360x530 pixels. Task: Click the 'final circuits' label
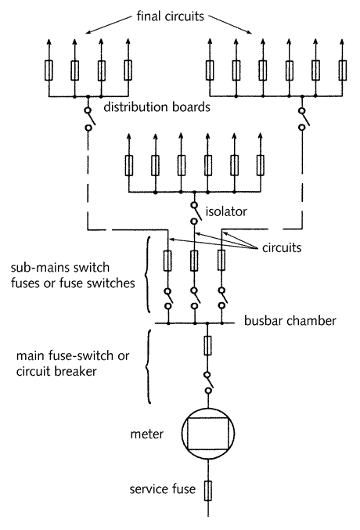click(x=170, y=16)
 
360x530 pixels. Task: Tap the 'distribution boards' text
click(x=157, y=107)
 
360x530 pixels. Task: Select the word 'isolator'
click(x=226, y=211)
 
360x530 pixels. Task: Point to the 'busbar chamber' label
click(x=290, y=320)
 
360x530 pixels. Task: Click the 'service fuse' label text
click(x=162, y=489)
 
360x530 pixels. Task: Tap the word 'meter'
click(x=146, y=434)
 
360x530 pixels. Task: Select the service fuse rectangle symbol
click(x=208, y=490)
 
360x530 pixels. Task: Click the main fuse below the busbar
click(x=208, y=345)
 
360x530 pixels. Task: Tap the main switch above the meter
click(x=208, y=383)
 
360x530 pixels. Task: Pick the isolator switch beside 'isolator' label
click(x=195, y=213)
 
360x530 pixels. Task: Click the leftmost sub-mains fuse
click(x=167, y=261)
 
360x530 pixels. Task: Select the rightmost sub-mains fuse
click(x=221, y=261)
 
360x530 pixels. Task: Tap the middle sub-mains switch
click(x=194, y=298)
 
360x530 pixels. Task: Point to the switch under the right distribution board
click(x=302, y=119)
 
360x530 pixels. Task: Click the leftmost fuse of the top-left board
click(x=49, y=70)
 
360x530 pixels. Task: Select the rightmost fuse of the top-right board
click(x=343, y=70)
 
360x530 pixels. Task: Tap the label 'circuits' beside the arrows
click(x=282, y=247)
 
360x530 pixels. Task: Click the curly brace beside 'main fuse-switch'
click(x=147, y=366)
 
